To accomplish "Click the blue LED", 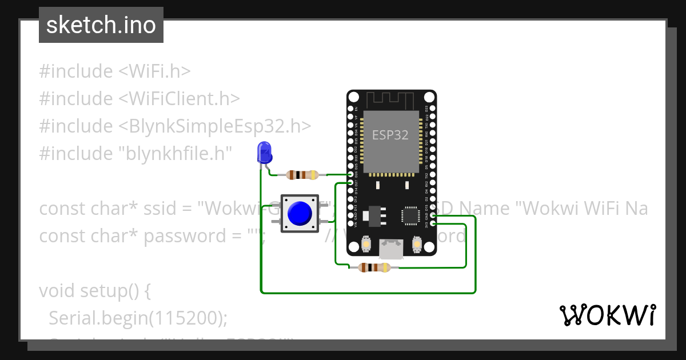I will pyautogui.click(x=265, y=153).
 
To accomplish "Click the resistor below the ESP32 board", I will pyautogui.click(x=373, y=267).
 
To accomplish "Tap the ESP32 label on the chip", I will pyautogui.click(x=390, y=135).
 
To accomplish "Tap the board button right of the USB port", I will pyautogui.click(x=417, y=245).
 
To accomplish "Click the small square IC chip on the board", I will pyautogui.click(x=410, y=215).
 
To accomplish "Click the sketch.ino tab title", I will pyautogui.click(x=101, y=25).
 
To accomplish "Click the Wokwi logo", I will pyautogui.click(x=607, y=315).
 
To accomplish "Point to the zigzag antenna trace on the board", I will pyautogui.click(x=390, y=101).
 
